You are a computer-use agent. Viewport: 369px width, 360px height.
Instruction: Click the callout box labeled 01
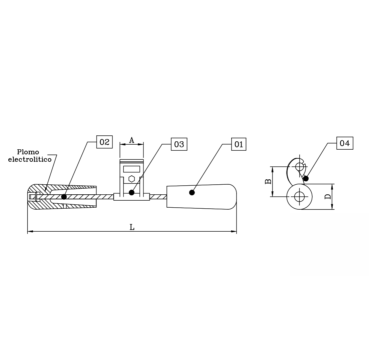239,144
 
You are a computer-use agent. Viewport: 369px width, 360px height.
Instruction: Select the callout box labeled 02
104,142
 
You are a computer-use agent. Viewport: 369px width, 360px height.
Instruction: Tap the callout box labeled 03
179,144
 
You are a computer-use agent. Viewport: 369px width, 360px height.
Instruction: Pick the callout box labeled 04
345,143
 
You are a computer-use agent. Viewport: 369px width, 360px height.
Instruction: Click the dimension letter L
132,227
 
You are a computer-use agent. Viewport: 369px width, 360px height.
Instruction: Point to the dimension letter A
131,140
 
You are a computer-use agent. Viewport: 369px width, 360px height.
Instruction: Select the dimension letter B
268,181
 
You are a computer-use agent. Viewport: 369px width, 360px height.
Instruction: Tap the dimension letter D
328,197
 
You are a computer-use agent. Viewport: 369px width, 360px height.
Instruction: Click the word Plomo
28,152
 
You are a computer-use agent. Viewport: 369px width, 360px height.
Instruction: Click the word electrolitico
30,159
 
